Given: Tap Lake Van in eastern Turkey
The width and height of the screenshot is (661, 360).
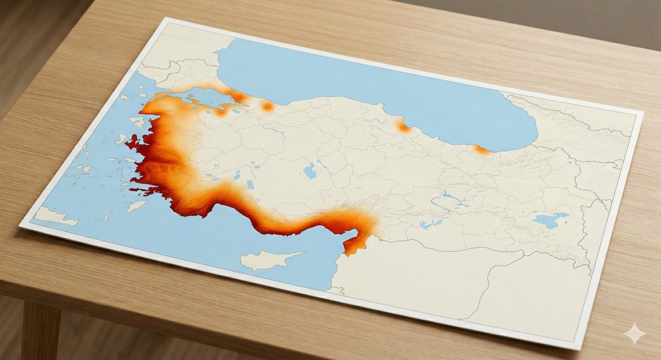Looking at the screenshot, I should tap(550, 219).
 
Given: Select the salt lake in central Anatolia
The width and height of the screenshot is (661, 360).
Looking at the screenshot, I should tap(309, 171).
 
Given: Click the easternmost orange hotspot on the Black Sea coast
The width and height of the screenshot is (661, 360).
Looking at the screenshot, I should tap(483, 150).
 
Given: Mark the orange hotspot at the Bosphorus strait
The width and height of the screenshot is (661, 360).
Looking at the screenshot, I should tap(239, 97).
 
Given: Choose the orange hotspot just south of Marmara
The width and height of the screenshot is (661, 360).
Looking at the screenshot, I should tap(221, 112).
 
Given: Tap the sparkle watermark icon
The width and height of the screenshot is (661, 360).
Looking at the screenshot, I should tap(634, 334).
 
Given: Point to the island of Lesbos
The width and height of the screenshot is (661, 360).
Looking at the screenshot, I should tap(137, 122).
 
